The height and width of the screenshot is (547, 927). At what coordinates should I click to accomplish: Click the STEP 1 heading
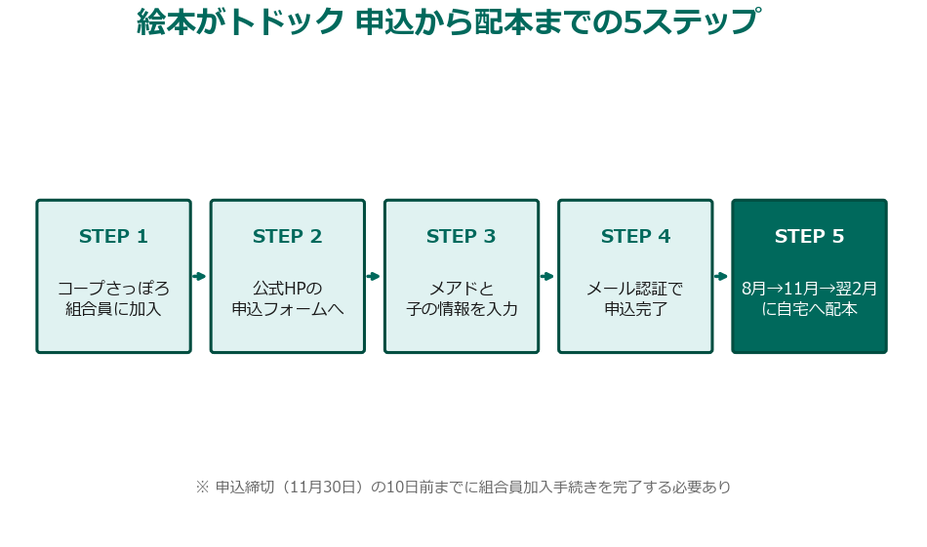pos(113,237)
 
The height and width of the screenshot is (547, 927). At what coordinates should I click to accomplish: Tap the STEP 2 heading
pos(287,237)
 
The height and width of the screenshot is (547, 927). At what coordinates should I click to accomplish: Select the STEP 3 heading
pos(461,237)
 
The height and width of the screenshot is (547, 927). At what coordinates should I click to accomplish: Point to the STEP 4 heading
pos(635,237)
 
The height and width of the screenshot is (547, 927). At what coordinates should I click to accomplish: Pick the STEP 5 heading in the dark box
pos(809,237)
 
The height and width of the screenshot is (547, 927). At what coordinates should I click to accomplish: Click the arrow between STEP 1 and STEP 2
pos(200,276)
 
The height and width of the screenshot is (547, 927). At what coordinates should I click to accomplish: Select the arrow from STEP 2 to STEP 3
pos(374,276)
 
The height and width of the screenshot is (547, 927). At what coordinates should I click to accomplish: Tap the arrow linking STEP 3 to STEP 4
pos(547,276)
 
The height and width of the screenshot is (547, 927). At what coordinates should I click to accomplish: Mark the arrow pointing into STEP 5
pos(722,276)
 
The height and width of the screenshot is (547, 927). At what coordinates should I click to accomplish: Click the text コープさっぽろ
pos(113,289)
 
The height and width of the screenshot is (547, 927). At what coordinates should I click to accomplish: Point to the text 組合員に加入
pos(113,310)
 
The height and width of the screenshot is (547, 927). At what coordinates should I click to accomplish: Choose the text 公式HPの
pos(287,289)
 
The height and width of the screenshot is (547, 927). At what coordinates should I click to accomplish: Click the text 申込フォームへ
pos(287,310)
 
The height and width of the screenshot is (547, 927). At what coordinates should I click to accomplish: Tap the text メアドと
pos(461,289)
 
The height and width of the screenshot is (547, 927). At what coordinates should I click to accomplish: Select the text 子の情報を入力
pos(461,310)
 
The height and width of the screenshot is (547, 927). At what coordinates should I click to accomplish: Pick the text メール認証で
pos(635,289)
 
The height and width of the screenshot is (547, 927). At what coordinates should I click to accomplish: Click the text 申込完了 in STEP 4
pos(635,310)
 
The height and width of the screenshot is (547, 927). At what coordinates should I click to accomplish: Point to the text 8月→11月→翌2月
pos(809,289)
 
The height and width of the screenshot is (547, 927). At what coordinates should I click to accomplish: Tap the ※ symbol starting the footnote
pos(203,487)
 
